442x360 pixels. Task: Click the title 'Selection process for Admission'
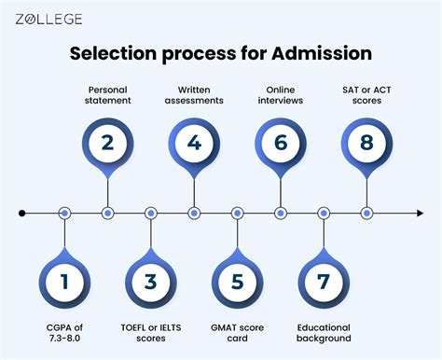221,54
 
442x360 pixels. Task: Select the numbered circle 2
107,145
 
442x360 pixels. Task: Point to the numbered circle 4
194,145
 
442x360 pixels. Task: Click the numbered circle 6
281,145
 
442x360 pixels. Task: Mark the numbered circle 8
367,145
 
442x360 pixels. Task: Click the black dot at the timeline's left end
21,214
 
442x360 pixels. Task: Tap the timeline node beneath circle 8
367,214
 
